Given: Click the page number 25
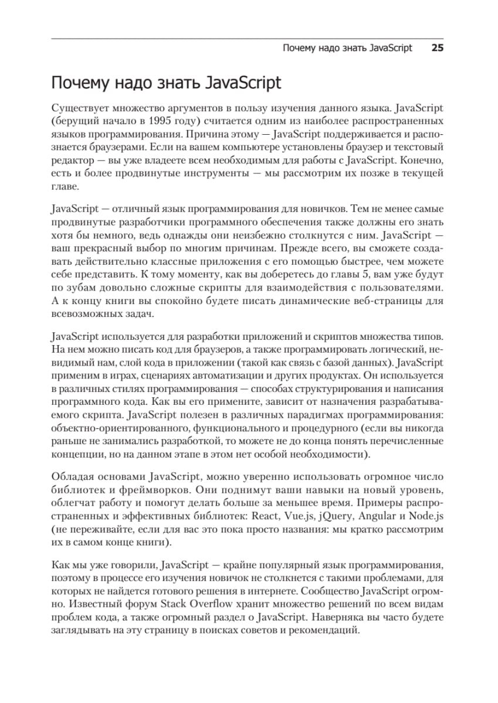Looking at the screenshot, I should point(437,48).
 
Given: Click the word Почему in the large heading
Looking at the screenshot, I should point(84,83).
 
